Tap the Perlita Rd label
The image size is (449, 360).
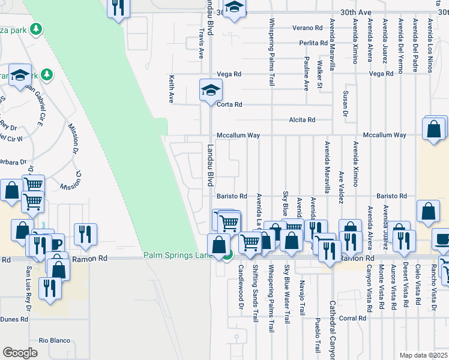coord(314,43)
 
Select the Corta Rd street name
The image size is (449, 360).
coord(229,104)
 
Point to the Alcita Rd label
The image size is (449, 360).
coord(302,120)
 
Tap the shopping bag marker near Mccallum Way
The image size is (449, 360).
coord(433,130)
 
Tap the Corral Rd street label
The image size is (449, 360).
coord(352,318)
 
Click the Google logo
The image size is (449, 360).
coord(20,353)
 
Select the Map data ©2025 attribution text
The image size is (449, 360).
coord(423,355)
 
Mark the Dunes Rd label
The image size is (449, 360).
coord(14,320)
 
